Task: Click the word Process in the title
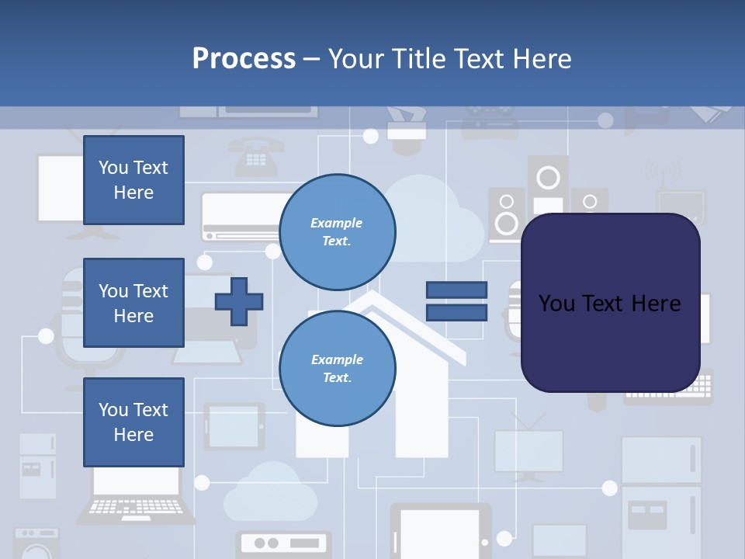click(x=244, y=58)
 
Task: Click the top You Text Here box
click(x=133, y=180)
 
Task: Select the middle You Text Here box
click(x=133, y=303)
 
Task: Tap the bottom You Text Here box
click(x=133, y=422)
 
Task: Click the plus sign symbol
click(x=238, y=301)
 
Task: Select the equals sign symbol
click(x=456, y=301)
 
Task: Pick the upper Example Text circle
click(x=337, y=232)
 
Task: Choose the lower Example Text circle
click(x=337, y=368)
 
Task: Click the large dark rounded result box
click(x=610, y=303)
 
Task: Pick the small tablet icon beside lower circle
click(x=234, y=426)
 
